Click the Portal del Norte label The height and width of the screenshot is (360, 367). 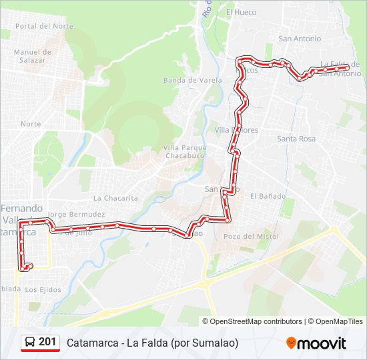(x=44, y=26)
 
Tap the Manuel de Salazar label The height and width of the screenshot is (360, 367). (x=32, y=55)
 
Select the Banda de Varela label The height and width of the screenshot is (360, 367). (x=193, y=81)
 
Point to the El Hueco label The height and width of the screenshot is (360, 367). (x=241, y=12)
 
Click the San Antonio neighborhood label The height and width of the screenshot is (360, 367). (x=300, y=39)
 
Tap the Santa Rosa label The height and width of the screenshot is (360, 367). (x=296, y=139)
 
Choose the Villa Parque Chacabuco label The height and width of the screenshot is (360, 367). (x=184, y=151)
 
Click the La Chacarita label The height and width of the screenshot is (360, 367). (x=115, y=198)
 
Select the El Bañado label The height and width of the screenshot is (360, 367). (x=268, y=196)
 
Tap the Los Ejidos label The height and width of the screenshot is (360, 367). (x=43, y=289)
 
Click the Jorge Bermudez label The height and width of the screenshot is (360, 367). (x=77, y=215)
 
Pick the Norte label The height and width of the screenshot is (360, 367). (x=31, y=124)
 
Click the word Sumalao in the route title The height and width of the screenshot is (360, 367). (x=214, y=343)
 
